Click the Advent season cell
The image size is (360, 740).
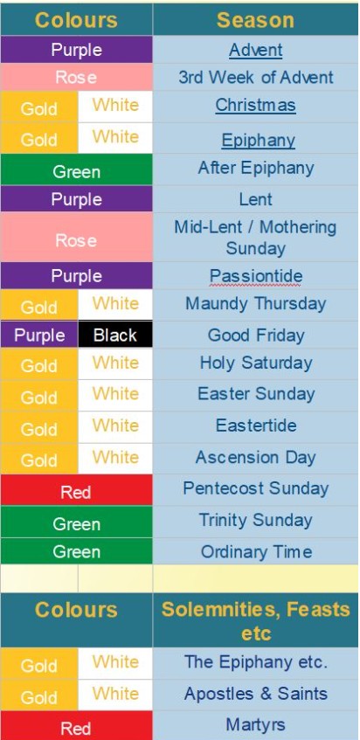click(x=256, y=50)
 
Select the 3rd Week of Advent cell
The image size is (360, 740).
click(x=256, y=78)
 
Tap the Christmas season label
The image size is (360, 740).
click(x=256, y=105)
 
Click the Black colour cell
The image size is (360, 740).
click(x=115, y=335)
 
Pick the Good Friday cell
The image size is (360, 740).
click(x=256, y=335)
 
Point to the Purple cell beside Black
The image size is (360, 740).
click(x=39, y=335)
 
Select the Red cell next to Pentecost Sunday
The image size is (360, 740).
click(x=76, y=490)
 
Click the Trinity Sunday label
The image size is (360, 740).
click(x=256, y=520)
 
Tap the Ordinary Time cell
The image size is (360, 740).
click(x=256, y=551)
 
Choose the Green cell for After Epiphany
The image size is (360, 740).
click(x=76, y=169)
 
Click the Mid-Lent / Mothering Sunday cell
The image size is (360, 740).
click(x=256, y=238)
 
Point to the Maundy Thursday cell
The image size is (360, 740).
click(x=256, y=304)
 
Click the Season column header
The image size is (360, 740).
click(x=256, y=20)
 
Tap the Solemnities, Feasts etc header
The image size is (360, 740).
click(x=256, y=620)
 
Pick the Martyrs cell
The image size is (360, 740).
click(x=256, y=725)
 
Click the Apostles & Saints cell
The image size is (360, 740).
click(x=256, y=694)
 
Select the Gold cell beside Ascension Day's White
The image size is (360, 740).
click(x=39, y=459)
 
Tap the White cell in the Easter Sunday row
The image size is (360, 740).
click(x=115, y=395)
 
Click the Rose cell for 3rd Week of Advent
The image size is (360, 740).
click(x=76, y=78)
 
